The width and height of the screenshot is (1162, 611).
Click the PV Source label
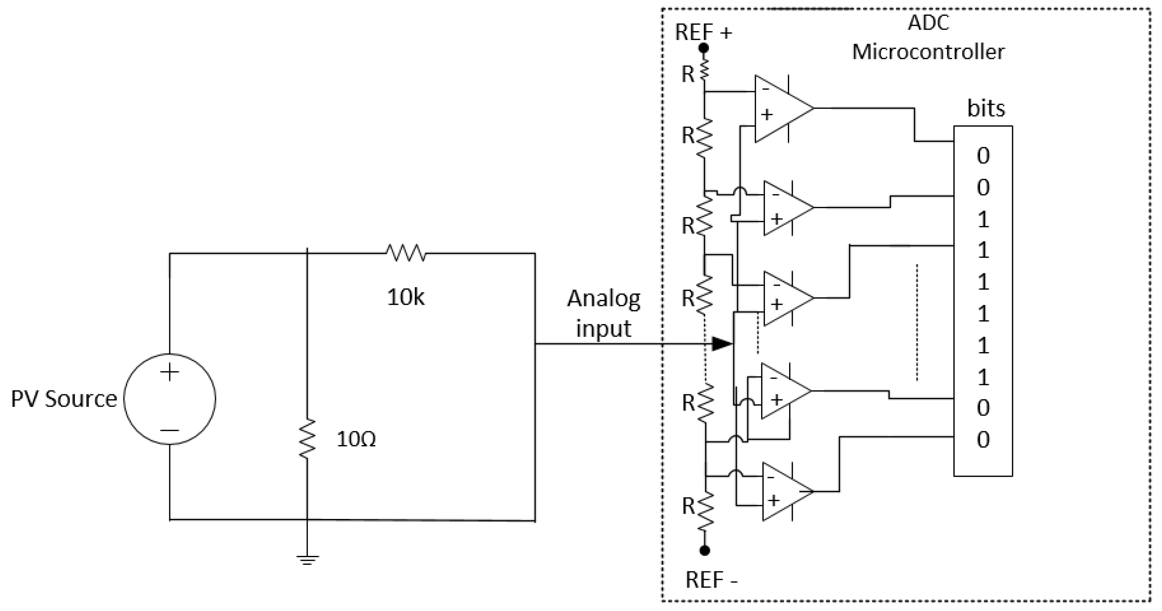coord(64,399)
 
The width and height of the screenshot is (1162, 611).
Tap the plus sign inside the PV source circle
coord(170,373)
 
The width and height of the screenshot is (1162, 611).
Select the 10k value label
coord(405,297)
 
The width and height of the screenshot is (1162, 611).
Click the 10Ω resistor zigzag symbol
coord(307,439)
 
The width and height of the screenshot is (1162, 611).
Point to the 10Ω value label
coord(356,439)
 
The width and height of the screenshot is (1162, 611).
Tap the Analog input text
coord(604,313)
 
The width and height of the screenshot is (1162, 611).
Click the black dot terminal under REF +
coord(703,48)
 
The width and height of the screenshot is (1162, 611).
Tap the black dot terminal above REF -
coord(705,550)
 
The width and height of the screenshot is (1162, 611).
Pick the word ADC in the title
coord(928,22)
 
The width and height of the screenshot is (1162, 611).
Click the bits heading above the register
coord(986,108)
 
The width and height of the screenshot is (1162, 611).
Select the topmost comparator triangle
coord(781,108)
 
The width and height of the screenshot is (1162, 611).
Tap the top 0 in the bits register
coord(983,156)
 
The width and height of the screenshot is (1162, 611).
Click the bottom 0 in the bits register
coord(983,440)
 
